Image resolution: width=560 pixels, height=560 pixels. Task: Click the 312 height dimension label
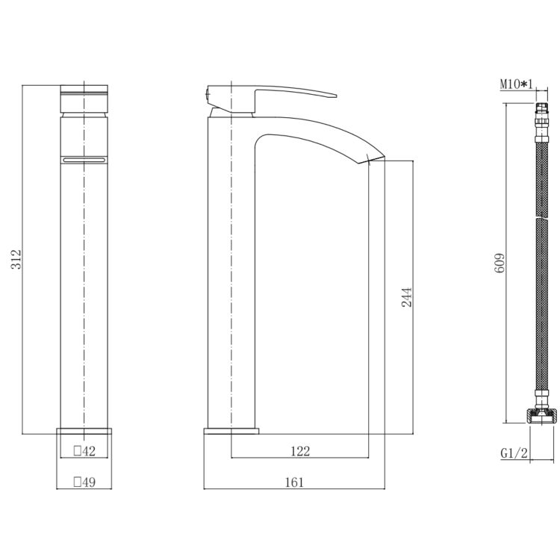(16, 259)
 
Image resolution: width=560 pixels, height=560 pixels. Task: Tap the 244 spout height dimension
(407, 297)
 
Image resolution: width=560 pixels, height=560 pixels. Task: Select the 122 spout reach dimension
(300, 452)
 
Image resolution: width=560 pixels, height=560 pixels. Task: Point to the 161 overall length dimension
(294, 482)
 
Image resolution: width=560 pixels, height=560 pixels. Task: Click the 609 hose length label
(500, 263)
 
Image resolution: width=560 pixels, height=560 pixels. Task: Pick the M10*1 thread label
(516, 84)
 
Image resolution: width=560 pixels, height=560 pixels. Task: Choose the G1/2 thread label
(514, 453)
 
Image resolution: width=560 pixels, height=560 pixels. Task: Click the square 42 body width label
(84, 451)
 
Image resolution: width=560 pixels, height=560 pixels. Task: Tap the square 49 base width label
(84, 482)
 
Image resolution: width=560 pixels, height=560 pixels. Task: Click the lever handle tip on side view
(336, 96)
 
